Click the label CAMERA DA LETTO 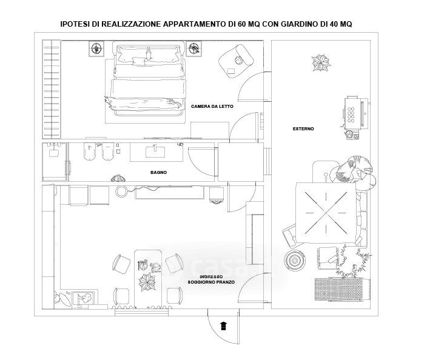coord(212,107)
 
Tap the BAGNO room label coord(158,173)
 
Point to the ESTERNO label coord(303,128)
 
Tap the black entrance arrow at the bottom coord(224,325)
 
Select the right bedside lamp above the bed coord(194,48)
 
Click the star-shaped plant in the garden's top coord(319,62)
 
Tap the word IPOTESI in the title coord(76,24)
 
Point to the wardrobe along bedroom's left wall coord(51,88)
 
